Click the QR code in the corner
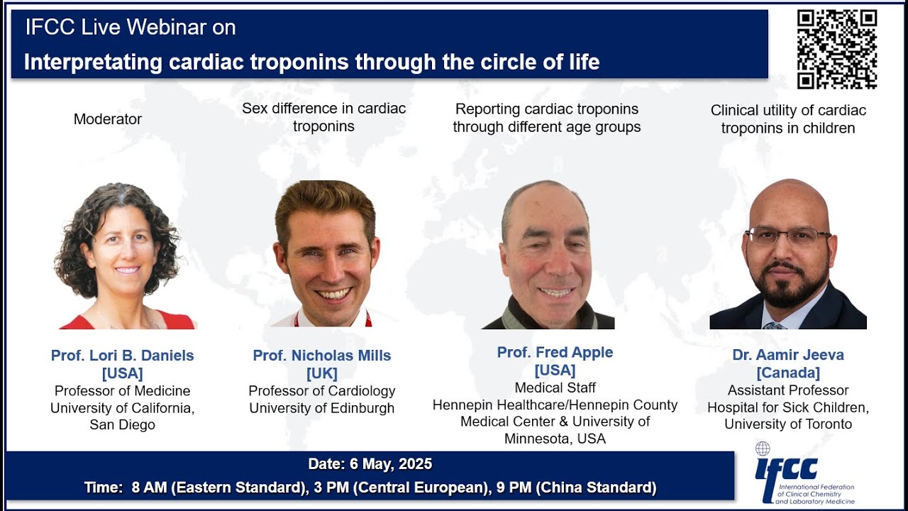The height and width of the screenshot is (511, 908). pyautogui.click(x=836, y=49)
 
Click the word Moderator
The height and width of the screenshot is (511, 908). pyautogui.click(x=108, y=119)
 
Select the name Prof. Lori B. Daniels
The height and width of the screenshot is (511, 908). pyautogui.click(x=122, y=356)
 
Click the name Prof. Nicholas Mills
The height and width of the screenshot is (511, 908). pyautogui.click(x=322, y=356)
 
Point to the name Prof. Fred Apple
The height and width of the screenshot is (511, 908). pyautogui.click(x=555, y=352)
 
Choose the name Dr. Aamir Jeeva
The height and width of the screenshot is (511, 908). pyautogui.click(x=787, y=355)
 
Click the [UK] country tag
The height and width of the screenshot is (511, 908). pyautogui.click(x=322, y=373)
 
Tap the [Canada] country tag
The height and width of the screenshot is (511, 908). pyautogui.click(x=787, y=373)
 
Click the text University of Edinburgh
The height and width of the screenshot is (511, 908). pyautogui.click(x=322, y=408)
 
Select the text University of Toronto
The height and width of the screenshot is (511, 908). pyautogui.click(x=787, y=424)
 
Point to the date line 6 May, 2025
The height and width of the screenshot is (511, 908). pyautogui.click(x=370, y=464)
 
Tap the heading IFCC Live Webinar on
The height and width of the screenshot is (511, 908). pyautogui.click(x=131, y=28)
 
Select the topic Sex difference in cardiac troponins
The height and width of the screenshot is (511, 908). pyautogui.click(x=323, y=117)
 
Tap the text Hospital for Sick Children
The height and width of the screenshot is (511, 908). pyautogui.click(x=787, y=407)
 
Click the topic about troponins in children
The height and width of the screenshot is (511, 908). pyautogui.click(x=787, y=119)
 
